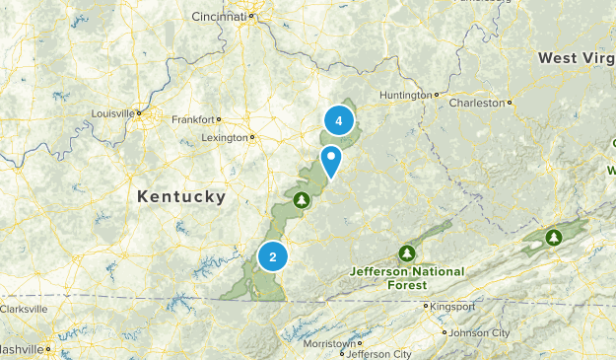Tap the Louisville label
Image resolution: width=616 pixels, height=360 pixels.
111,113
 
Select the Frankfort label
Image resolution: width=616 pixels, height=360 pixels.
191,119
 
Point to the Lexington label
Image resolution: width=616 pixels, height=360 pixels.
223,137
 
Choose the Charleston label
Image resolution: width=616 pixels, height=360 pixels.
477,102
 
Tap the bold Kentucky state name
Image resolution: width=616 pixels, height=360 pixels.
181,197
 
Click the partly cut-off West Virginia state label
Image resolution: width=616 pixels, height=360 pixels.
577,59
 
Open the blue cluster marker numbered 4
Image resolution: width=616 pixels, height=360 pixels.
338,121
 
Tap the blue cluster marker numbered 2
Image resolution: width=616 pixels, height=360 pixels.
272,256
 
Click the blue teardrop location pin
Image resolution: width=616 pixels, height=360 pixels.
331,158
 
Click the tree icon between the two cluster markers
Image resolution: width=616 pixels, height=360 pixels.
302,200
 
